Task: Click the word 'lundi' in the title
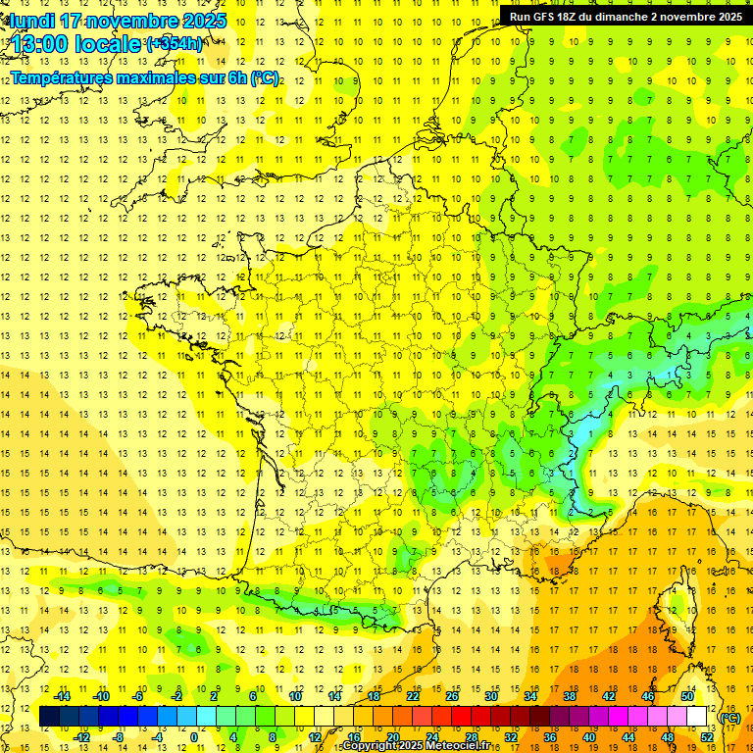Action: pos(31,21)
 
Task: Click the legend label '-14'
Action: pos(62,696)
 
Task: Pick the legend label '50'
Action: pos(686,696)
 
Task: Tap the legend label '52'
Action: pos(706,736)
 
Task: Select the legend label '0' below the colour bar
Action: pos(195,736)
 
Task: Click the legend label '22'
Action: pos(413,696)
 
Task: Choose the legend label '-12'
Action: pos(81,736)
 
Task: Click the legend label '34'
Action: pos(530,696)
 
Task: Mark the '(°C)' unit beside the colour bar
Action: pos(729,718)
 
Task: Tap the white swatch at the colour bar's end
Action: pos(697,717)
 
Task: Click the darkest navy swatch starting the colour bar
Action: pos(49,717)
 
